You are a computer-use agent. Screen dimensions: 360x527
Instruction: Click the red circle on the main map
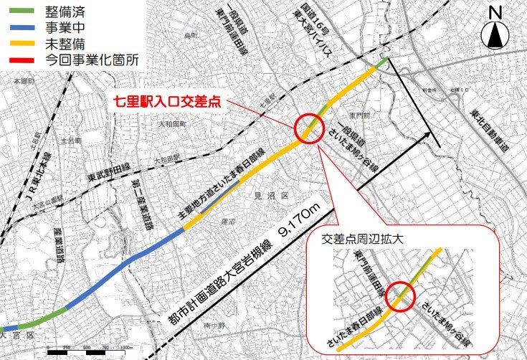click(x=310, y=128)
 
